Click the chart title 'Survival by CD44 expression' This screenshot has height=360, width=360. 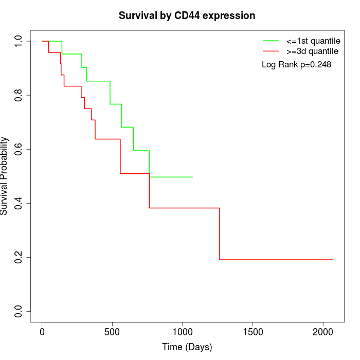click(187, 15)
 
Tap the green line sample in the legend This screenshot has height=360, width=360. click(271, 40)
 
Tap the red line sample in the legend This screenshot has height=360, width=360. click(271, 51)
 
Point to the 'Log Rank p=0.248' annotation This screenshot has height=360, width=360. click(296, 65)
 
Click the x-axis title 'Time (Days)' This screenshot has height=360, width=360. click(187, 348)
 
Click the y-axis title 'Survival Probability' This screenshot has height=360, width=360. click(5, 176)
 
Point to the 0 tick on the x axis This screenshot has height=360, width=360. click(42, 332)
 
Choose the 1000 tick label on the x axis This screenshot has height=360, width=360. click(183, 332)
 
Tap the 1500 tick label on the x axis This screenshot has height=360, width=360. click(253, 332)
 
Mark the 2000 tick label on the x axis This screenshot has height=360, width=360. click(323, 332)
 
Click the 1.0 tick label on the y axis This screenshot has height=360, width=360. click(19, 41)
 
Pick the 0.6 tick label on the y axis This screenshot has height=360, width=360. click(19, 149)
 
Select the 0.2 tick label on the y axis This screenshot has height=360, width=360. click(19, 257)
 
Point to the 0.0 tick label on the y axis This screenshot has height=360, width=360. click(19, 311)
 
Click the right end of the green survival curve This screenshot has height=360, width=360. click(192, 177)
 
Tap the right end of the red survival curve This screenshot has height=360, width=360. click(333, 260)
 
